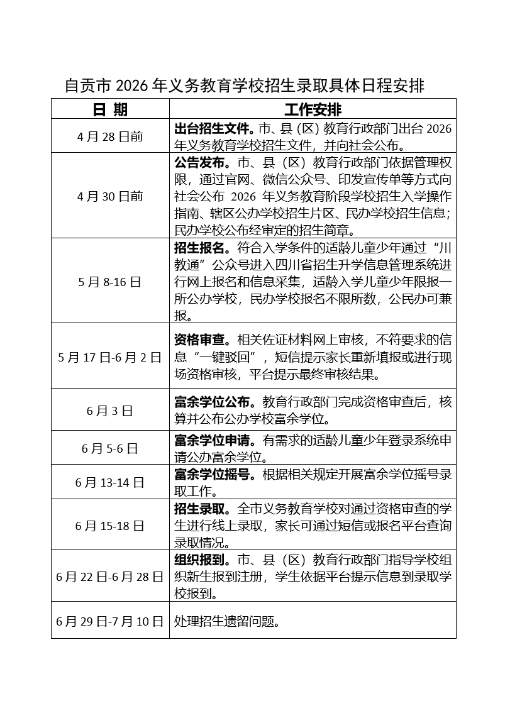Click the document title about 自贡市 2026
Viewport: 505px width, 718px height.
click(245, 86)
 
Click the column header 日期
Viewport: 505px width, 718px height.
click(110, 109)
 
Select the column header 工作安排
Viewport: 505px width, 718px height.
click(313, 109)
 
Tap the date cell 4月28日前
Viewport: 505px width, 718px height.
click(110, 136)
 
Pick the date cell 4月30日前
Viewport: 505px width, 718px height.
click(110, 196)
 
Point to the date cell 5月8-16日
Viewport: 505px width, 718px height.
click(110, 282)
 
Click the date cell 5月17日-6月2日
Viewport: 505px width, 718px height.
click(110, 357)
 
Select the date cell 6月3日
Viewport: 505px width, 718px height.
click(110, 411)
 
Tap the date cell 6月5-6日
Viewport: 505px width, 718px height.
click(110, 448)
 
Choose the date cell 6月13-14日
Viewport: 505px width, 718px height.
click(110, 482)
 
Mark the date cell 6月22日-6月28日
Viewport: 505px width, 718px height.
click(110, 576)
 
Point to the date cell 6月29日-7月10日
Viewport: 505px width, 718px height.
click(110, 621)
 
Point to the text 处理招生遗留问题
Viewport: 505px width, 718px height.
click(226, 621)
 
